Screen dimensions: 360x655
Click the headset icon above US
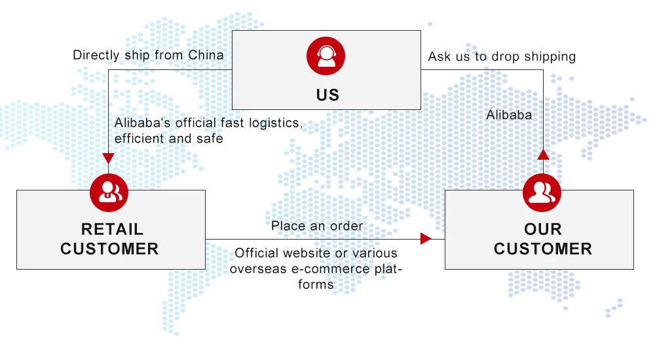(326, 56)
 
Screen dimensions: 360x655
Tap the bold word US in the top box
(327, 95)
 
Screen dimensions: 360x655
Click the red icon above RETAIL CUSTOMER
(109, 191)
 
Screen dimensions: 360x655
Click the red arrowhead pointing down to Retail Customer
(109, 158)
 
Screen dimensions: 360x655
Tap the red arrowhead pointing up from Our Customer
(543, 154)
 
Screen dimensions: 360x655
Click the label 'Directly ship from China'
(148, 55)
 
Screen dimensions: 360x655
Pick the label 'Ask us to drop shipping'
(502, 56)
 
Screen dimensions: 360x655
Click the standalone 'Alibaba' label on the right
(509, 115)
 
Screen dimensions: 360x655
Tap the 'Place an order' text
(317, 226)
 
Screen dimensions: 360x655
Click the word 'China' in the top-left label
(206, 55)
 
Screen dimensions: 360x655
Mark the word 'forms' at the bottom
(317, 284)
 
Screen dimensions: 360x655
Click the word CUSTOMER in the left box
(109, 249)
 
